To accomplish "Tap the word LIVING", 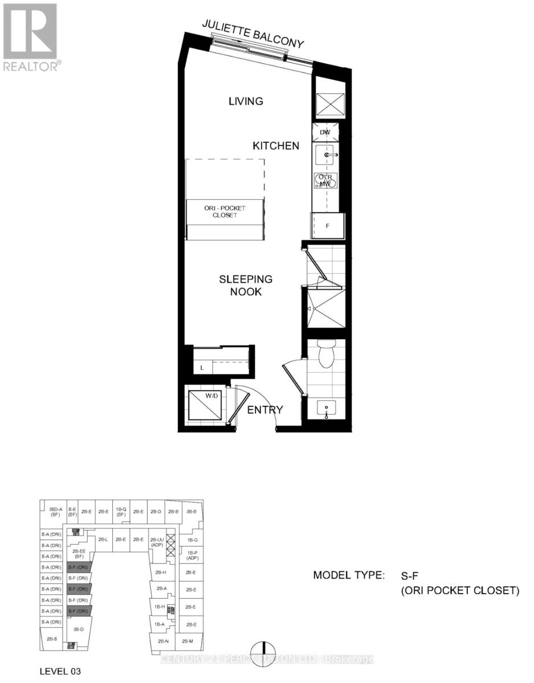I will point(246,101).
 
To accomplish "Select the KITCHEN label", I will point(276,146).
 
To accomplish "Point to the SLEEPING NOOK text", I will point(246,285).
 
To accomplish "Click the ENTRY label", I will point(264,410).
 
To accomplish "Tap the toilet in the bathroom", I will point(327,353).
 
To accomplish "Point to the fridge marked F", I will point(328,225).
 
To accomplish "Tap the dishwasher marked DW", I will point(326,133).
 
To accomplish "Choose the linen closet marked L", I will point(202,368).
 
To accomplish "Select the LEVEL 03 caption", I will point(60,672).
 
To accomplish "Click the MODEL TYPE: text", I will point(349,575).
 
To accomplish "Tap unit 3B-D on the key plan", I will point(79,629).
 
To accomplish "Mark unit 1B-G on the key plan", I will point(191,540).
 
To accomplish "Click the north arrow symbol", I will point(265,649).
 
